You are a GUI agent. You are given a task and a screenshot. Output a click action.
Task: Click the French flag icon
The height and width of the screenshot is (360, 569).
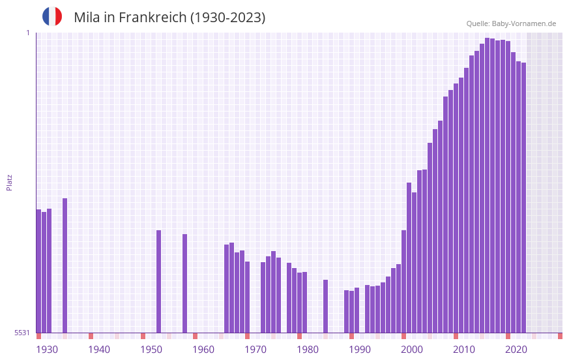tap(52, 16)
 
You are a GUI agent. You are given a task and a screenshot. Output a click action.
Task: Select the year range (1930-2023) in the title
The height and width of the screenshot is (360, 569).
tap(227, 18)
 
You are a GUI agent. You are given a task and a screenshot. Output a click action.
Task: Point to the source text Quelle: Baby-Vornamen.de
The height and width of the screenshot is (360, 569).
tap(511, 23)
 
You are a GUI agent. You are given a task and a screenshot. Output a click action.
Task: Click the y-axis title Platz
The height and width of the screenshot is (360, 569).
tap(9, 182)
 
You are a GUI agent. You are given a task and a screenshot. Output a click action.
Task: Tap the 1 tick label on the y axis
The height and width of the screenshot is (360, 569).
tap(27, 33)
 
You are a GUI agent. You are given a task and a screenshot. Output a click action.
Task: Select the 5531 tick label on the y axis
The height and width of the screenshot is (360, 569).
tap(22, 333)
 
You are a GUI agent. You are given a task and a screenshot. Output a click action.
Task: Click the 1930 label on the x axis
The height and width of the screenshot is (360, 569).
tap(47, 350)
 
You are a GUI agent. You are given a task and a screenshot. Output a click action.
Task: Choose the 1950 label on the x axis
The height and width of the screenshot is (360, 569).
tap(151, 350)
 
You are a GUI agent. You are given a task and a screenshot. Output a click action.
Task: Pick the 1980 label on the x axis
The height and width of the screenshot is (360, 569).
tap(308, 350)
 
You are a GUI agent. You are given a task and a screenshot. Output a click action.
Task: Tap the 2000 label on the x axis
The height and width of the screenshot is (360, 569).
tap(412, 350)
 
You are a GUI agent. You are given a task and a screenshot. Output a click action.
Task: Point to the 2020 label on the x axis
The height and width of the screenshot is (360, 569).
tap(516, 350)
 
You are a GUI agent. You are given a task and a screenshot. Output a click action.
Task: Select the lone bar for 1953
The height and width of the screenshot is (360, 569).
tap(159, 281)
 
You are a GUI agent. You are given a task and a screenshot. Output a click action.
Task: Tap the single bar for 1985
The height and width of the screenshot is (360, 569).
tap(326, 306)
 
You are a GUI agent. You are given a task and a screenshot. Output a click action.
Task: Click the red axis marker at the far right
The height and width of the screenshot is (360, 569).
tap(560, 336)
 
